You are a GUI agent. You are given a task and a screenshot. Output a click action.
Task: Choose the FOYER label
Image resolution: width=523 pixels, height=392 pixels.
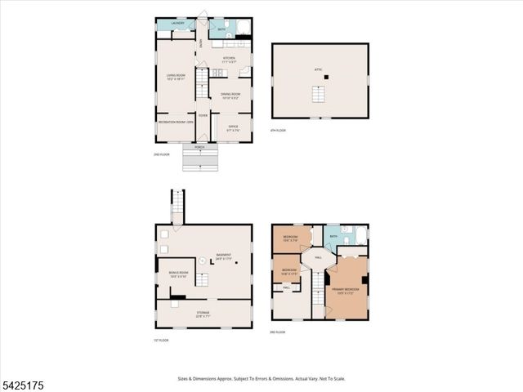click(x=203, y=115)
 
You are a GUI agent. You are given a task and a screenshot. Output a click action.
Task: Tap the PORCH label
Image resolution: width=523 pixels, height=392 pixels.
click(x=199, y=148)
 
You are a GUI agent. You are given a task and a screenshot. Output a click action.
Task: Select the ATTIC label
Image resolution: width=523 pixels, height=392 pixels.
click(x=319, y=70)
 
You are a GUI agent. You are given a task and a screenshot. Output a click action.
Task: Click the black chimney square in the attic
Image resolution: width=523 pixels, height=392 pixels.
click(x=326, y=78)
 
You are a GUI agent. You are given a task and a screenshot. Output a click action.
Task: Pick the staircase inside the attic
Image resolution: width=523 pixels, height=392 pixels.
click(x=320, y=96)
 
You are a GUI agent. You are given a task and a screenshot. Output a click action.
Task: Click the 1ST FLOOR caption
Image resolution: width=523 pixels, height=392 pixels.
click(x=161, y=340)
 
